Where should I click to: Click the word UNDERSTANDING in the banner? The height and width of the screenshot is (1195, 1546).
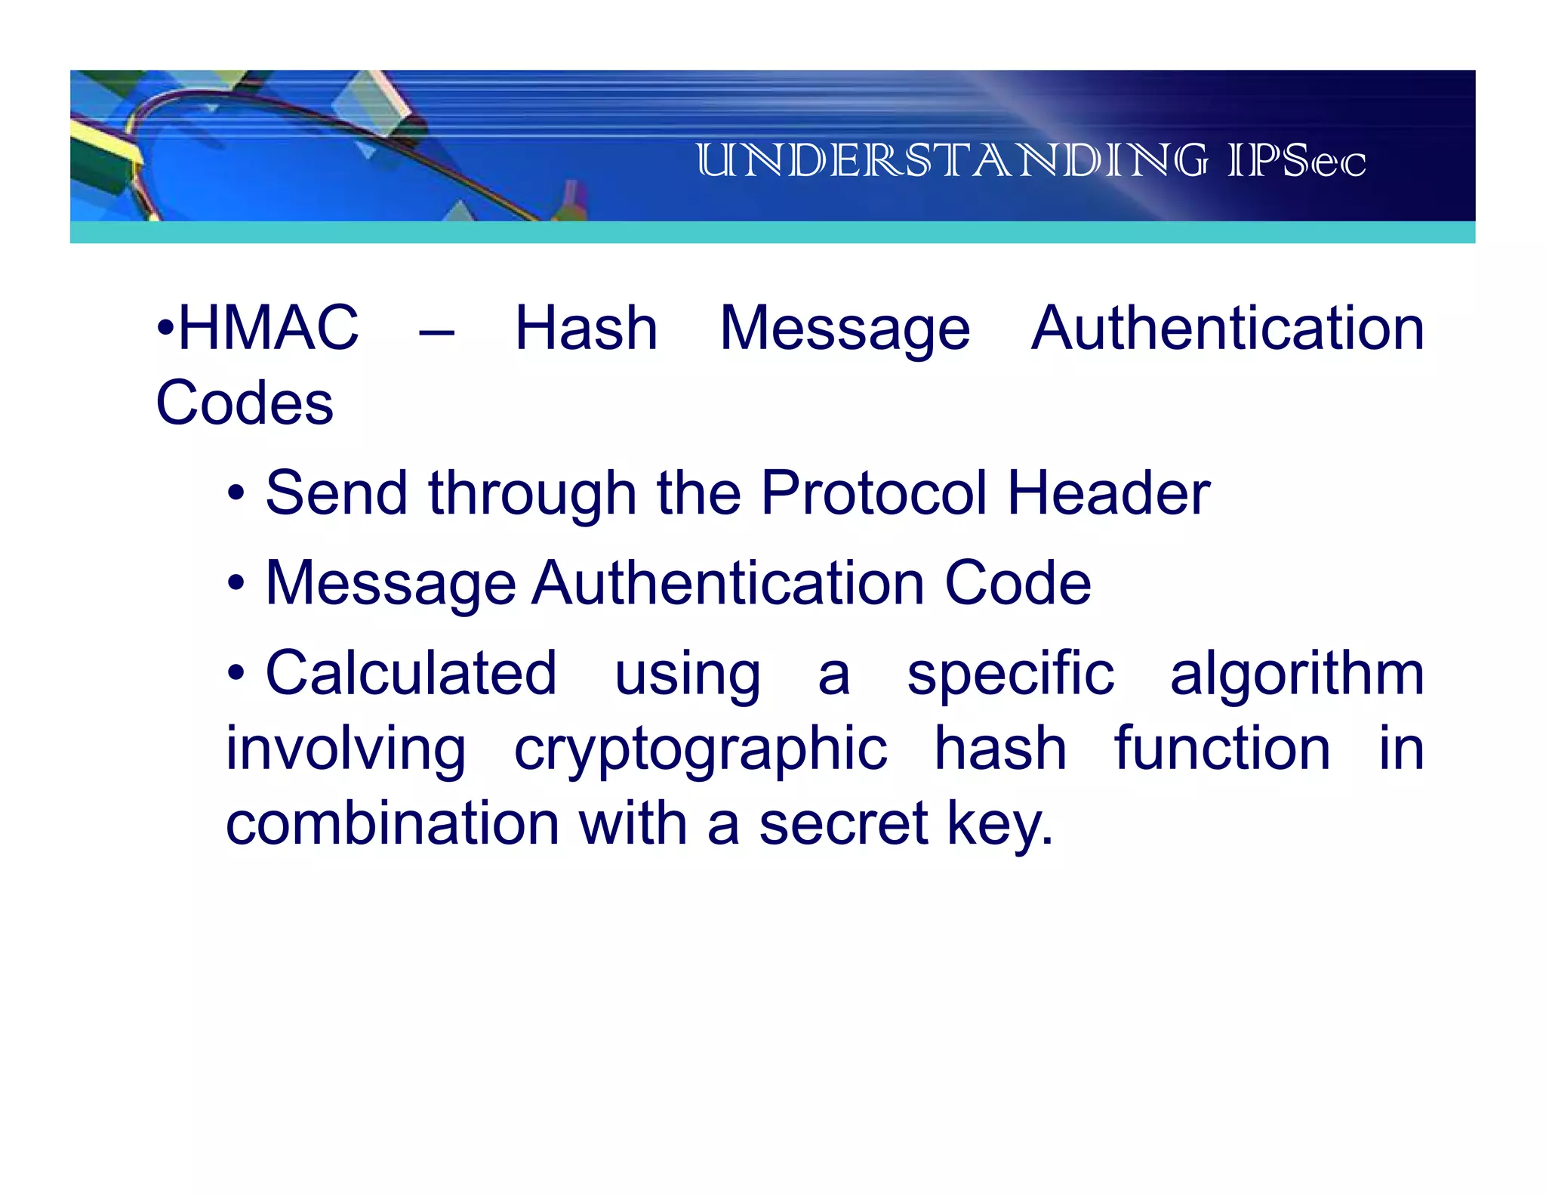pos(951,161)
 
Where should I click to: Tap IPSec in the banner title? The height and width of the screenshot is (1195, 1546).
pos(1296,161)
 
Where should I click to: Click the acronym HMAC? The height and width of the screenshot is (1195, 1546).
pos(268,328)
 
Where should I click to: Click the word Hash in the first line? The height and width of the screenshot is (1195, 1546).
pos(586,328)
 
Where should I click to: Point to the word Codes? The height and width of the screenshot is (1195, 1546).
pos(244,403)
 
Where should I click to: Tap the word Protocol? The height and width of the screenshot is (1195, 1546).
pos(873,493)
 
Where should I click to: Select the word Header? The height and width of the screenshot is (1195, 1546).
pos(1108,493)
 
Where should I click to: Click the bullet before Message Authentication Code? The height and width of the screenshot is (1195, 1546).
pos(236,583)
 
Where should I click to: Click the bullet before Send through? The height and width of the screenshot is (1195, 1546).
pos(236,494)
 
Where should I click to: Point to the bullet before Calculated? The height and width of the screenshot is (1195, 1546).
pos(236,672)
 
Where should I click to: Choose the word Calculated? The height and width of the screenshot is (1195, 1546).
pos(411,672)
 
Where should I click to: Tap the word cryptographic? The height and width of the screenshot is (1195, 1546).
pos(700,749)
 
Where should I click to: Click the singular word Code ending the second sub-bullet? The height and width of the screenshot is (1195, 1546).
pos(1018,583)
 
